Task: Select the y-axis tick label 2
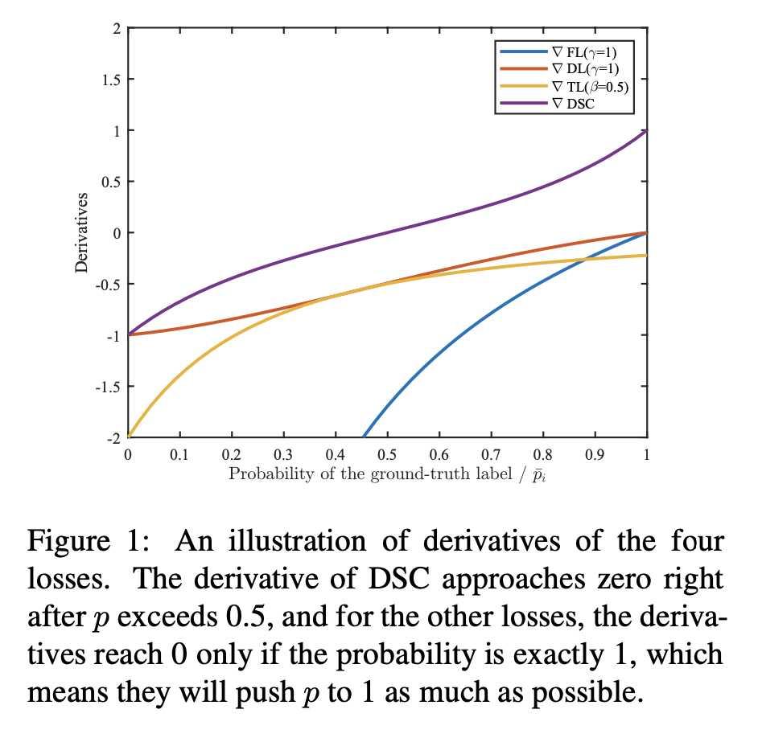tap(117, 28)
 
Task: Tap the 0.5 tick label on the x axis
tap(387, 454)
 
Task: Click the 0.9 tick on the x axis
tap(595, 454)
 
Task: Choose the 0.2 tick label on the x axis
tap(231, 454)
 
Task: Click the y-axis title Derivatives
tap(82, 232)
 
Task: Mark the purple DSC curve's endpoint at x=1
tap(646, 130)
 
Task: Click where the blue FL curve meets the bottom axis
tap(365, 437)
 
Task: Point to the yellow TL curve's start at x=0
tap(129, 436)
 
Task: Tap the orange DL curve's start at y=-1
tap(129, 334)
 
